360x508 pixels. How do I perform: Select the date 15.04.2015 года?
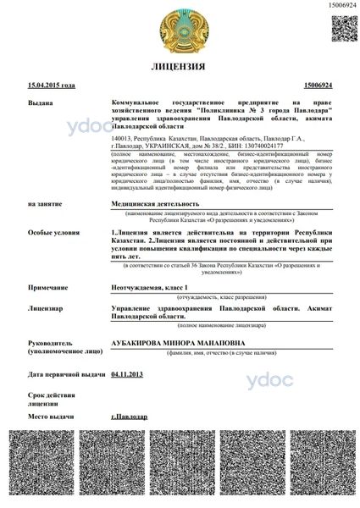pos(52,86)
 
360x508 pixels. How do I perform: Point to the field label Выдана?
pos(40,102)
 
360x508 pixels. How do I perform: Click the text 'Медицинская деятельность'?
pos(155,204)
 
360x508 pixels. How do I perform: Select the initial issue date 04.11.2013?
pos(128,373)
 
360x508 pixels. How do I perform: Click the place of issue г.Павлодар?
pos(129,417)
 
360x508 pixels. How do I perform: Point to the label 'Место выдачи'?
pos(49,417)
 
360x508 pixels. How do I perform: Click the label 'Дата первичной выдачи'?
pos(66,373)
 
